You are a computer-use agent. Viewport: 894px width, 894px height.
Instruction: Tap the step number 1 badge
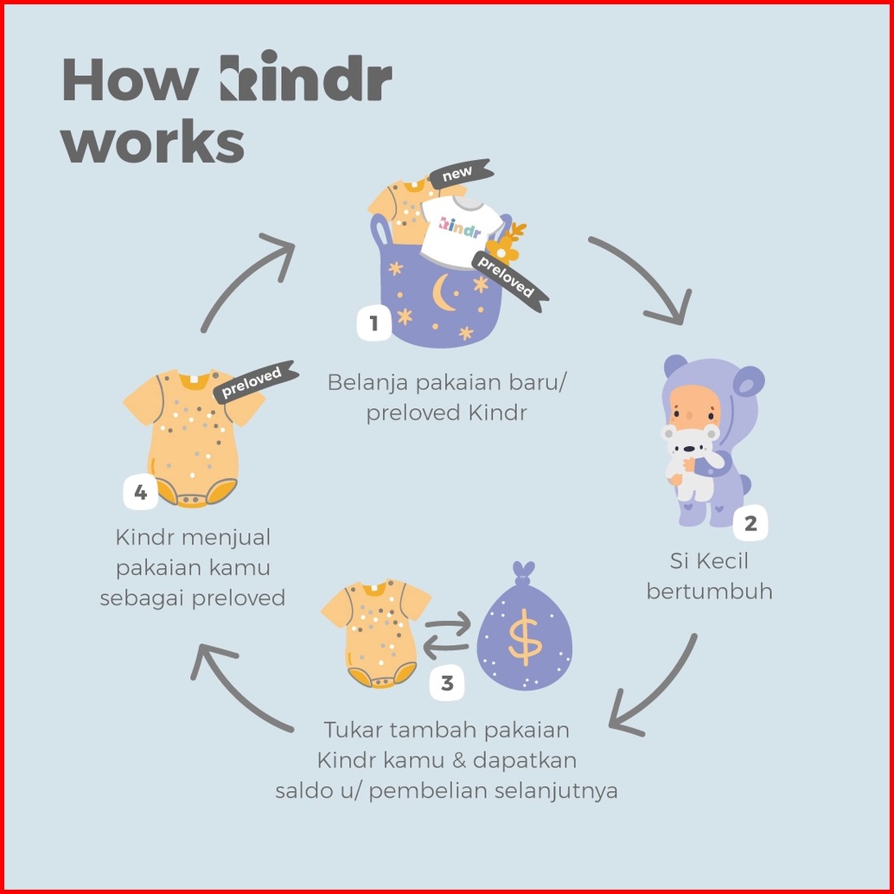coord(374,323)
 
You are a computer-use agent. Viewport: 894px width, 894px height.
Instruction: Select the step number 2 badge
coord(750,523)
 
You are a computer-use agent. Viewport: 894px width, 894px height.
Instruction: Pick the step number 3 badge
coord(447,683)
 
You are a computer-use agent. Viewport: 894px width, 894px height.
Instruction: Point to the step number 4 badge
coord(141,494)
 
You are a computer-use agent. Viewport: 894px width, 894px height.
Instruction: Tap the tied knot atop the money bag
coord(524,572)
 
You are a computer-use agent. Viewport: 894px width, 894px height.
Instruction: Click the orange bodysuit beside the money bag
coord(376,631)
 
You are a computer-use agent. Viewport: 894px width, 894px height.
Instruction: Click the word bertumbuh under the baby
coord(709,592)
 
